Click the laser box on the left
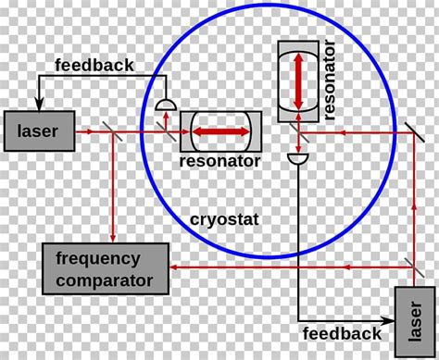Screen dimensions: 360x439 click(x=38, y=131)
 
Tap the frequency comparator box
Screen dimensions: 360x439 click(x=104, y=267)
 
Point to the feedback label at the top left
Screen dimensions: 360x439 click(x=94, y=65)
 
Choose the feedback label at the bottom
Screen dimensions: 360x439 click(x=342, y=332)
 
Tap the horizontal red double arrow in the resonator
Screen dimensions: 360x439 click(x=219, y=131)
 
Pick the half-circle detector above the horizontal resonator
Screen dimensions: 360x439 click(x=165, y=106)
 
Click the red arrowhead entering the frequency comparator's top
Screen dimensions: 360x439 click(x=113, y=240)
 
